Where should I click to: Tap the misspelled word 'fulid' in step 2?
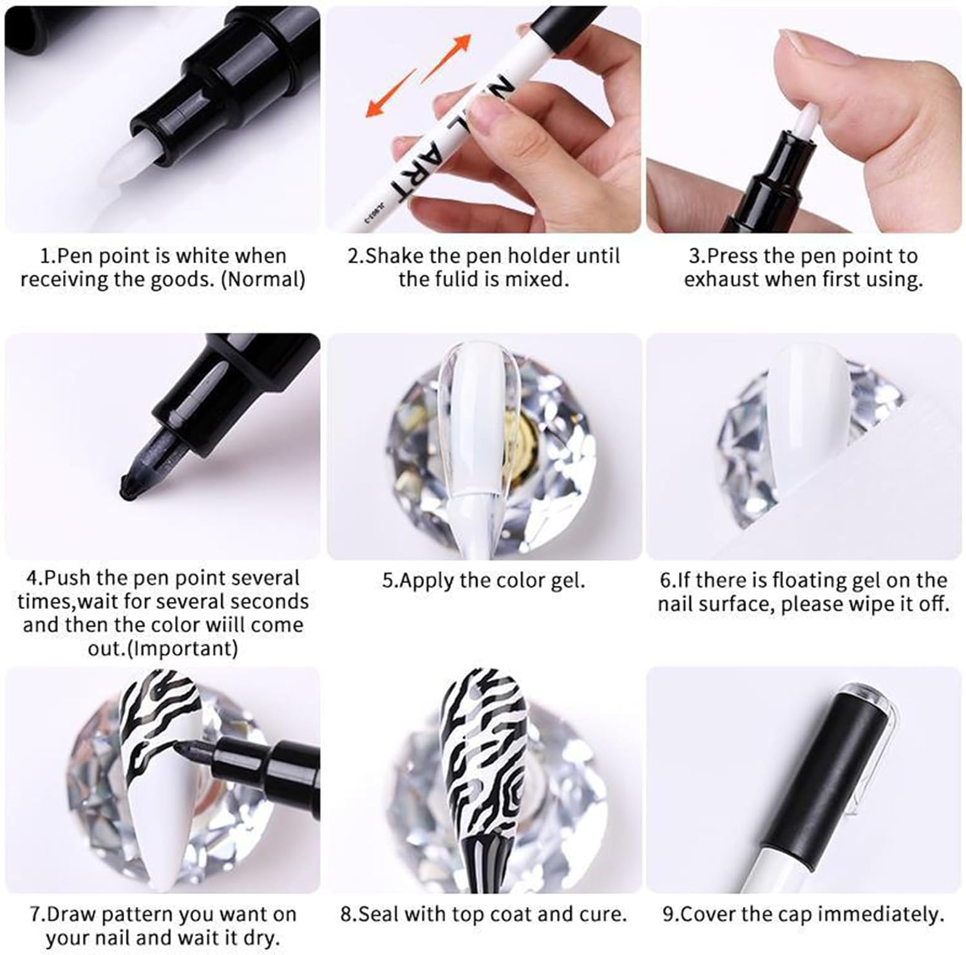point(473,279)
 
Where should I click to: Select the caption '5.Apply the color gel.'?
point(484,581)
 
